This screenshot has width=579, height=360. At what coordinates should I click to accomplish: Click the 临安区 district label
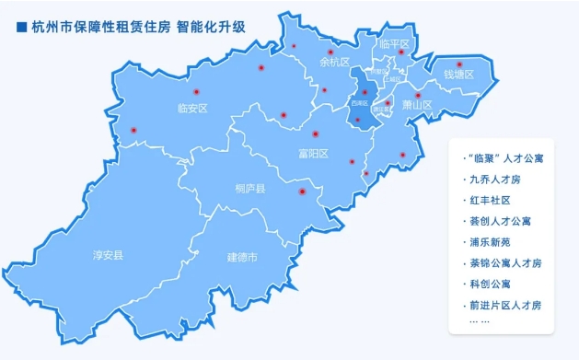pyautogui.click(x=192, y=109)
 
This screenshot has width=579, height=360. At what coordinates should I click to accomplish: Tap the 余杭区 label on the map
pyautogui.click(x=334, y=64)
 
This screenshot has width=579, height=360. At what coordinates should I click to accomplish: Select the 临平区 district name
pyautogui.click(x=393, y=43)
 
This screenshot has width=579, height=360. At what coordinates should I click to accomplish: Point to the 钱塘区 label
pyautogui.click(x=457, y=75)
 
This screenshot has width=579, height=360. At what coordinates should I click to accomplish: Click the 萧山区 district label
pyautogui.click(x=417, y=106)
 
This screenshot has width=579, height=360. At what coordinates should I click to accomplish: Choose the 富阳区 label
pyautogui.click(x=313, y=153)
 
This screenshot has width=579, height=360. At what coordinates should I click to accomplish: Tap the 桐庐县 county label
pyautogui.click(x=249, y=189)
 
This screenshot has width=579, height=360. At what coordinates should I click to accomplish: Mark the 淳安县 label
pyautogui.click(x=109, y=254)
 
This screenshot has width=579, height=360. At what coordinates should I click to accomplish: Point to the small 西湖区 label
pyautogui.click(x=359, y=104)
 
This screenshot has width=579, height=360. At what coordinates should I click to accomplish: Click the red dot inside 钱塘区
pyautogui.click(x=459, y=64)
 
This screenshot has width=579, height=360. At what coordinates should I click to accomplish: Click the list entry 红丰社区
pyautogui.click(x=489, y=200)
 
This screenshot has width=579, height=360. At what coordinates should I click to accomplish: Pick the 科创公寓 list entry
pyautogui.click(x=489, y=284)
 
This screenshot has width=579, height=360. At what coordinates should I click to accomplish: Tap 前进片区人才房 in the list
pyautogui.click(x=505, y=305)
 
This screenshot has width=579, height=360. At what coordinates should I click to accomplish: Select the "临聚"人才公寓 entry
pyautogui.click(x=506, y=158)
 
